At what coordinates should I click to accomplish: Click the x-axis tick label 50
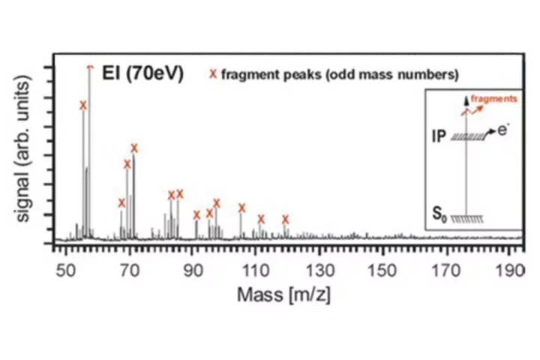[x=67, y=270]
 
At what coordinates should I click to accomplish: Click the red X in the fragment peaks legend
[x=213, y=75]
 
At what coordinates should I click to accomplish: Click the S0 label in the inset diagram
[x=440, y=216]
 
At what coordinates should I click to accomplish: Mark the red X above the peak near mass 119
[x=286, y=220]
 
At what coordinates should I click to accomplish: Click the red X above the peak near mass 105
[x=242, y=208]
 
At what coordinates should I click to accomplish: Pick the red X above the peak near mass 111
[x=261, y=219]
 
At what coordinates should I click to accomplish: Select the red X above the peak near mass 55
[x=83, y=106]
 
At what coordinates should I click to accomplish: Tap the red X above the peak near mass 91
[x=196, y=215]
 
